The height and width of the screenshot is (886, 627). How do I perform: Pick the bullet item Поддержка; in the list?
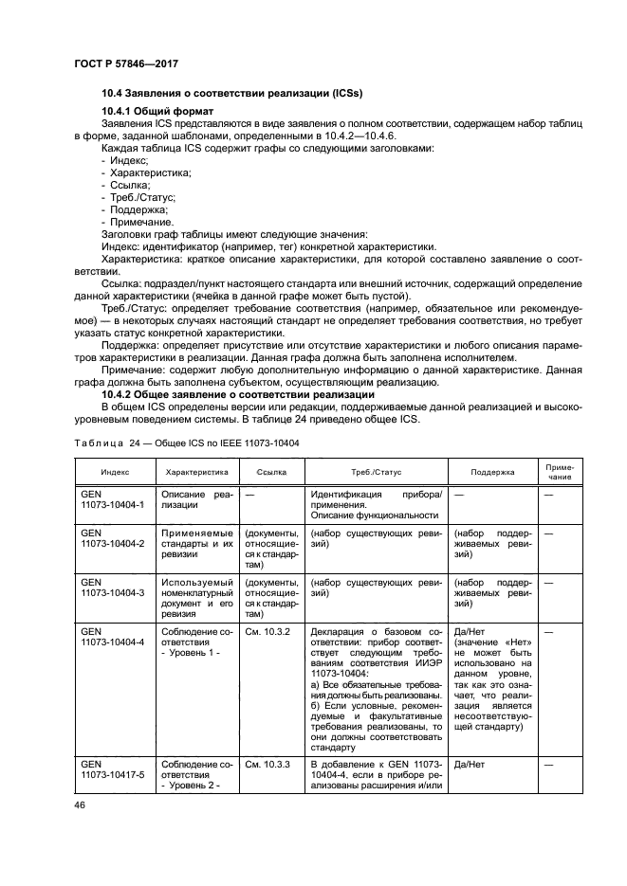pos(134,209)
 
